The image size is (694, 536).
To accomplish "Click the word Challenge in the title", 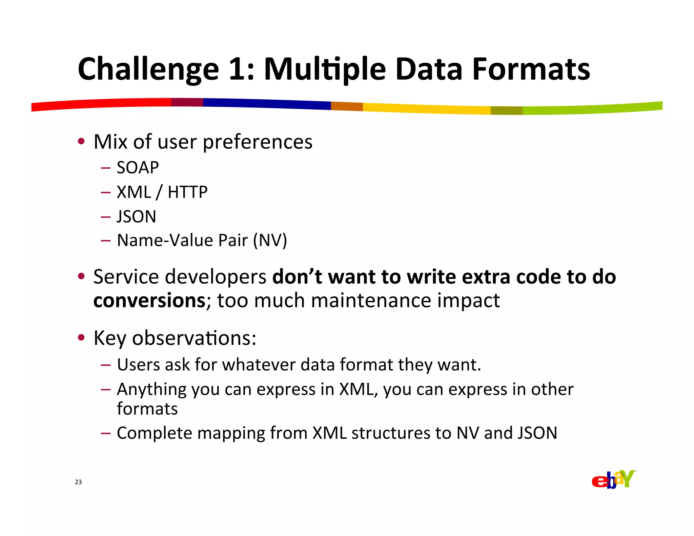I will point(148,69).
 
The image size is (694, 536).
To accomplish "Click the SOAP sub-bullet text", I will point(138,168).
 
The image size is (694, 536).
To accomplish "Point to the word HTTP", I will point(187,192).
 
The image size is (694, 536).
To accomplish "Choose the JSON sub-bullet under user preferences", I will point(136,217).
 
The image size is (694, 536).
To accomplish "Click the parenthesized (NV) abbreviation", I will point(270,240).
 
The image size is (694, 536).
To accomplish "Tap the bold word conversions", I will point(149,301).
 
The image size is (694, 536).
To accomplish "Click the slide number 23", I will point(78,482).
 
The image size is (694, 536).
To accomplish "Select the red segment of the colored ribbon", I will point(102,104).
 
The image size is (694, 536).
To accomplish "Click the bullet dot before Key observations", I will point(81,337).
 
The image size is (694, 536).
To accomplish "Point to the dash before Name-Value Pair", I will point(105,241).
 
